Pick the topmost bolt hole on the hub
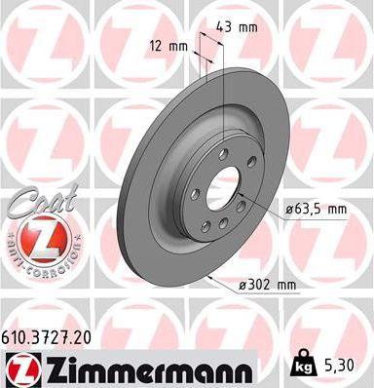(223, 153)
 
